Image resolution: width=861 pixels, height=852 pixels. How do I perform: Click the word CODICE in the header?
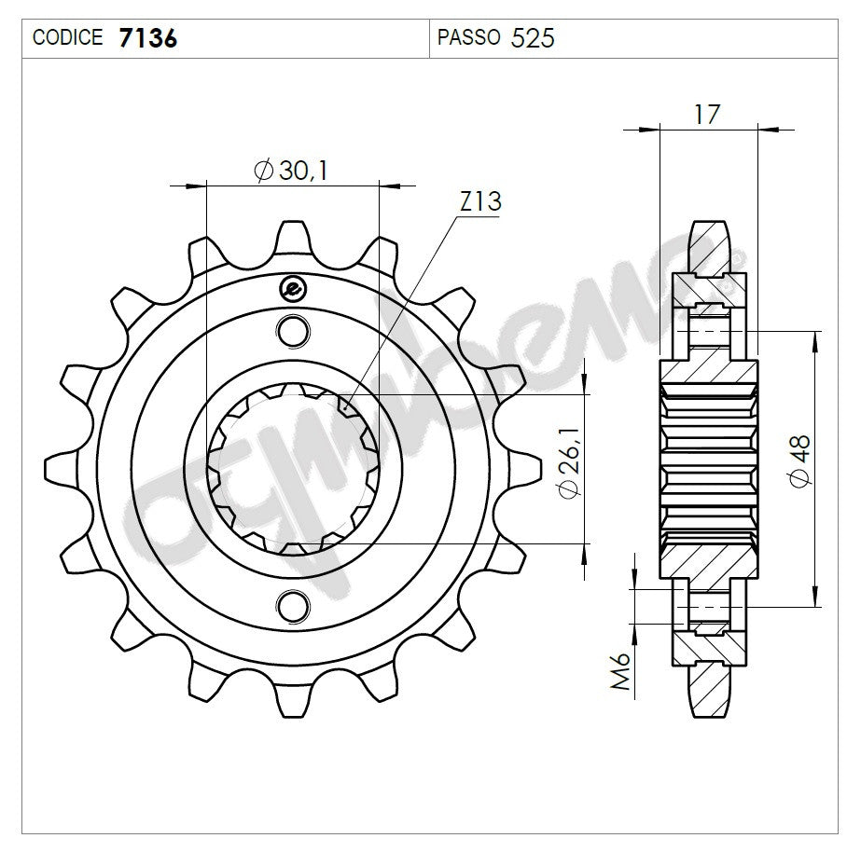(68, 38)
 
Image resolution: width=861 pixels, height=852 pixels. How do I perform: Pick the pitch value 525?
(533, 38)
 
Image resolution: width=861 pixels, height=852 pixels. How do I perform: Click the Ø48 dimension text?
(800, 462)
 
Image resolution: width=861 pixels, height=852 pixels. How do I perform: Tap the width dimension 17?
(707, 115)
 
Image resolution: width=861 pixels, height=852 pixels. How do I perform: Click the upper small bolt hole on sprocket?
(293, 329)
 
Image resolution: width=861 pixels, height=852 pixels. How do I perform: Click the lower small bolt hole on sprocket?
(293, 605)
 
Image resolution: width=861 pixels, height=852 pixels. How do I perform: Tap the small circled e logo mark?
(292, 290)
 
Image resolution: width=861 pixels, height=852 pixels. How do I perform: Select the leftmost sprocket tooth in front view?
(58, 467)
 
